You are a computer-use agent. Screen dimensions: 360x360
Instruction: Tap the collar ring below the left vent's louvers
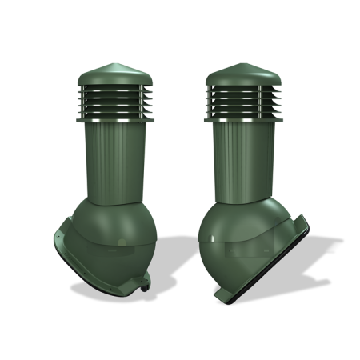(113, 121)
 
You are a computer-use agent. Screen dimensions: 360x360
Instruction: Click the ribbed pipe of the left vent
(114, 160)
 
